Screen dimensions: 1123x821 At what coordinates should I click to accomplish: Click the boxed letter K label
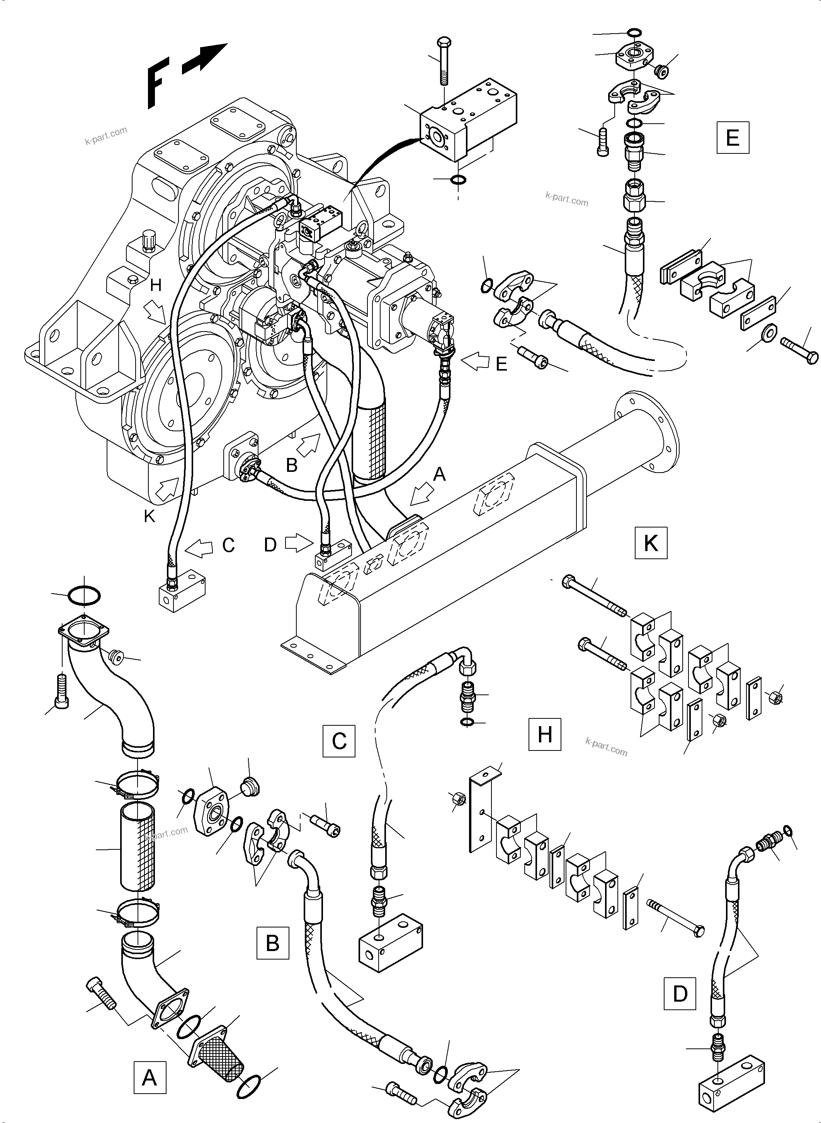click(x=651, y=543)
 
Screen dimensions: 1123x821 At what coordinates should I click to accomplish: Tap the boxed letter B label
click(x=272, y=943)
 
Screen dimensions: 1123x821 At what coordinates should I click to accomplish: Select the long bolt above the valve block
click(x=442, y=67)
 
